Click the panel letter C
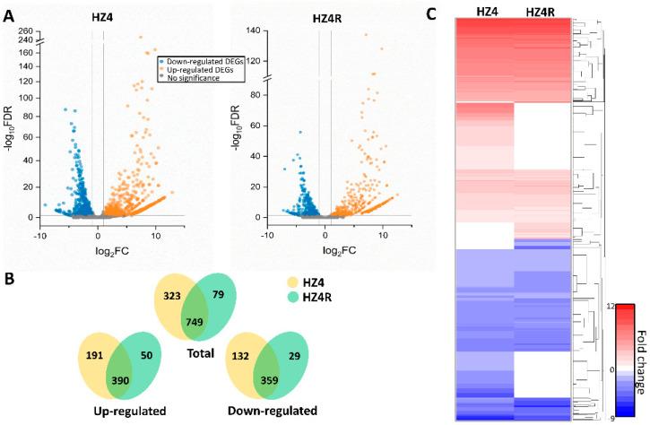point(431,13)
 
